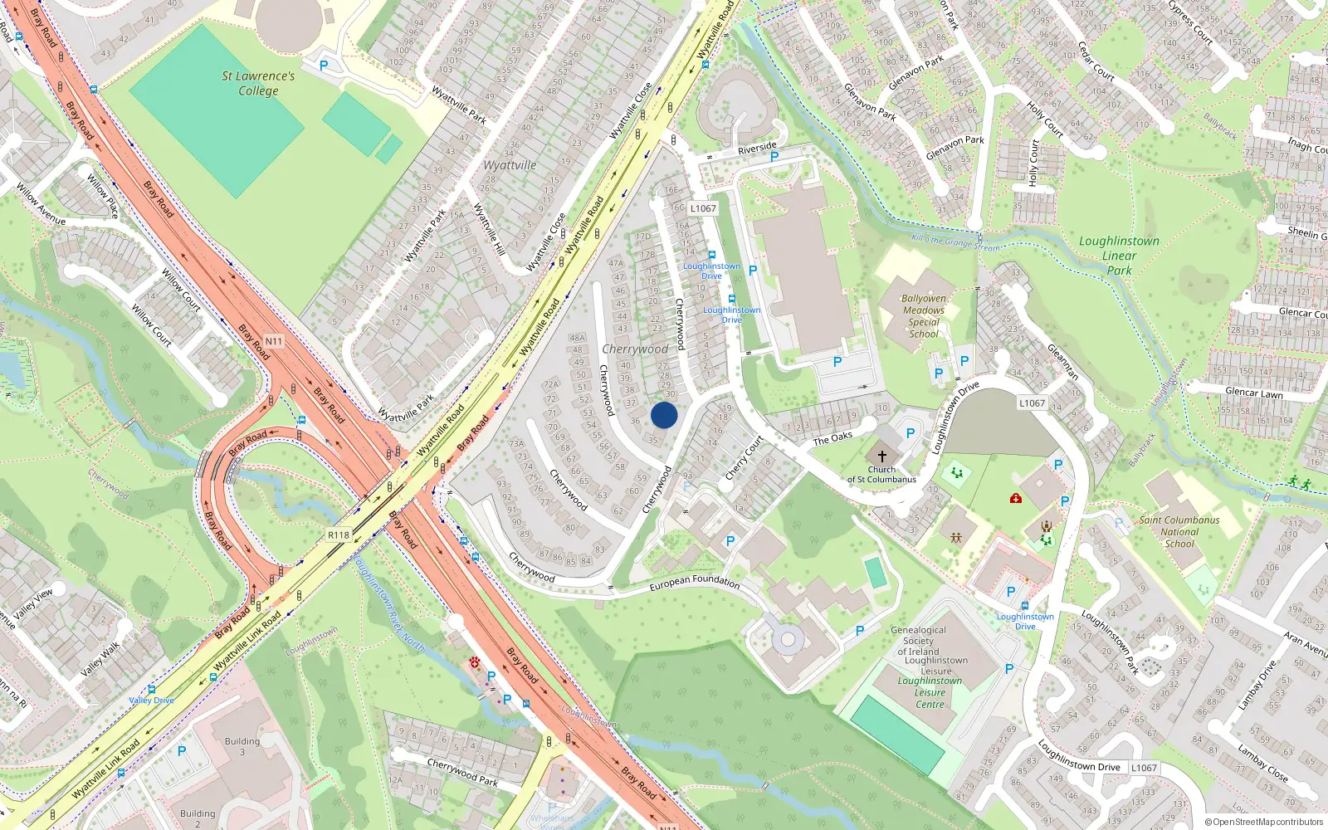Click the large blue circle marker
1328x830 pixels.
click(x=664, y=415)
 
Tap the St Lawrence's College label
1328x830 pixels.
click(x=258, y=83)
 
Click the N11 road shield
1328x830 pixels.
click(x=274, y=341)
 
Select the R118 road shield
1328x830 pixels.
click(x=339, y=535)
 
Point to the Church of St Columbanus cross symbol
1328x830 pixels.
click(x=881, y=456)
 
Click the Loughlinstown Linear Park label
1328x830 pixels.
click(x=1119, y=255)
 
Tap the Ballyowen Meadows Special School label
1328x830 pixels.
click(x=924, y=316)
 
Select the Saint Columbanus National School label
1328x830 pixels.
click(x=1179, y=532)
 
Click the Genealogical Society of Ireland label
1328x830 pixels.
click(x=918, y=641)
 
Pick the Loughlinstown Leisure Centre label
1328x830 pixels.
click(x=930, y=692)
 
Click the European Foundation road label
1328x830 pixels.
click(x=695, y=583)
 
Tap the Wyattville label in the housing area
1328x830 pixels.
click(x=510, y=165)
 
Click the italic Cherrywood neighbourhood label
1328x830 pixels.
click(x=635, y=349)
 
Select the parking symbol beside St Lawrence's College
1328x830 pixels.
click(x=324, y=66)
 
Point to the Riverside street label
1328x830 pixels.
click(x=757, y=149)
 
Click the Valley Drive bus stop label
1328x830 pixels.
click(x=151, y=700)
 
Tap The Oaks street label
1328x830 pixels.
click(x=832, y=438)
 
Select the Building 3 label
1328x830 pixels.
click(x=242, y=746)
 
